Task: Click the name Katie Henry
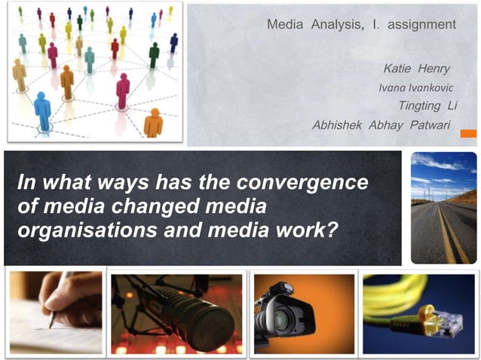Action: [x=416, y=69]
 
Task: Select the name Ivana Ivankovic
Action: [x=415, y=88]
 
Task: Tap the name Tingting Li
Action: [x=427, y=105]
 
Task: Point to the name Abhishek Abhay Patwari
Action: [x=380, y=124]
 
